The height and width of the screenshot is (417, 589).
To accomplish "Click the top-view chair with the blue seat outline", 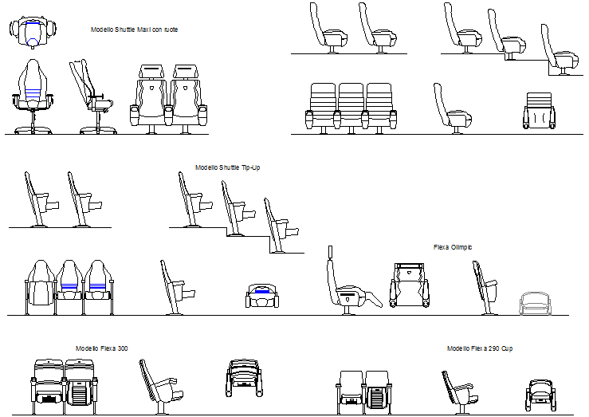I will coord(33,32).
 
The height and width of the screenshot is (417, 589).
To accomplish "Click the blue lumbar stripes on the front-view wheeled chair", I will coord(33,91).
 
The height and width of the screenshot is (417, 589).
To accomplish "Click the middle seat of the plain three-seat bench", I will coord(351,106).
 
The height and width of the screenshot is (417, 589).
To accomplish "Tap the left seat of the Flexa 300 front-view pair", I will coord(49,385).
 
